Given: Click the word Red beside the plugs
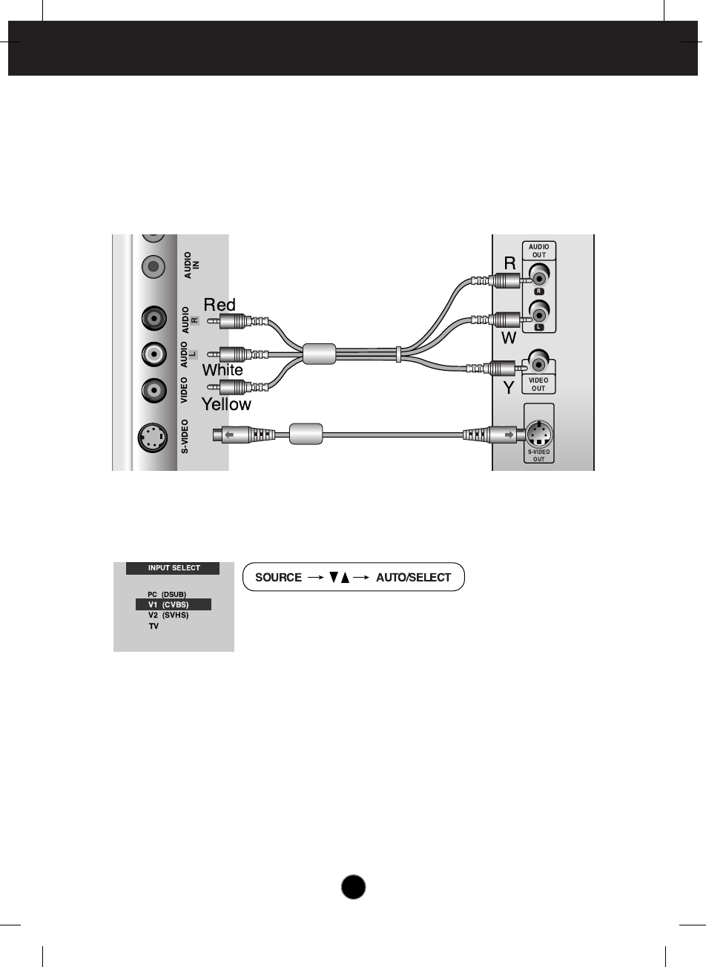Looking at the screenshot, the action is tap(220, 305).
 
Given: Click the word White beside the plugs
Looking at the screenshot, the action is tap(222, 369).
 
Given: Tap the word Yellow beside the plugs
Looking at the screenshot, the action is tap(227, 404).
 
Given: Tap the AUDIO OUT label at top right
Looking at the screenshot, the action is tap(538, 251).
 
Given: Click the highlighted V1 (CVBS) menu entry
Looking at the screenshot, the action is tap(174, 605).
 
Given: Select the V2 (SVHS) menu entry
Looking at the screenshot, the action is tap(168, 615).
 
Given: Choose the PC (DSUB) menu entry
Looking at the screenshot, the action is tap(167, 595).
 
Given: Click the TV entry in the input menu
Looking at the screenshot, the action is tap(154, 626).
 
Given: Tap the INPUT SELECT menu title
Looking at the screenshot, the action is tap(174, 568).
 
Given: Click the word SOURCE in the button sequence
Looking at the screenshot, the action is tap(278, 578).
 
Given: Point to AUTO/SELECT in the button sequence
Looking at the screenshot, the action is tap(413, 578).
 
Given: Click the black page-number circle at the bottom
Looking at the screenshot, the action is tap(354, 887).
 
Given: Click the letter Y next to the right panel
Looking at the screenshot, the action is tap(509, 387).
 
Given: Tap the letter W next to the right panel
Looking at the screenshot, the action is tap(509, 338).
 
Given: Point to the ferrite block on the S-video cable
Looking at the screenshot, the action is tap(306, 434).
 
